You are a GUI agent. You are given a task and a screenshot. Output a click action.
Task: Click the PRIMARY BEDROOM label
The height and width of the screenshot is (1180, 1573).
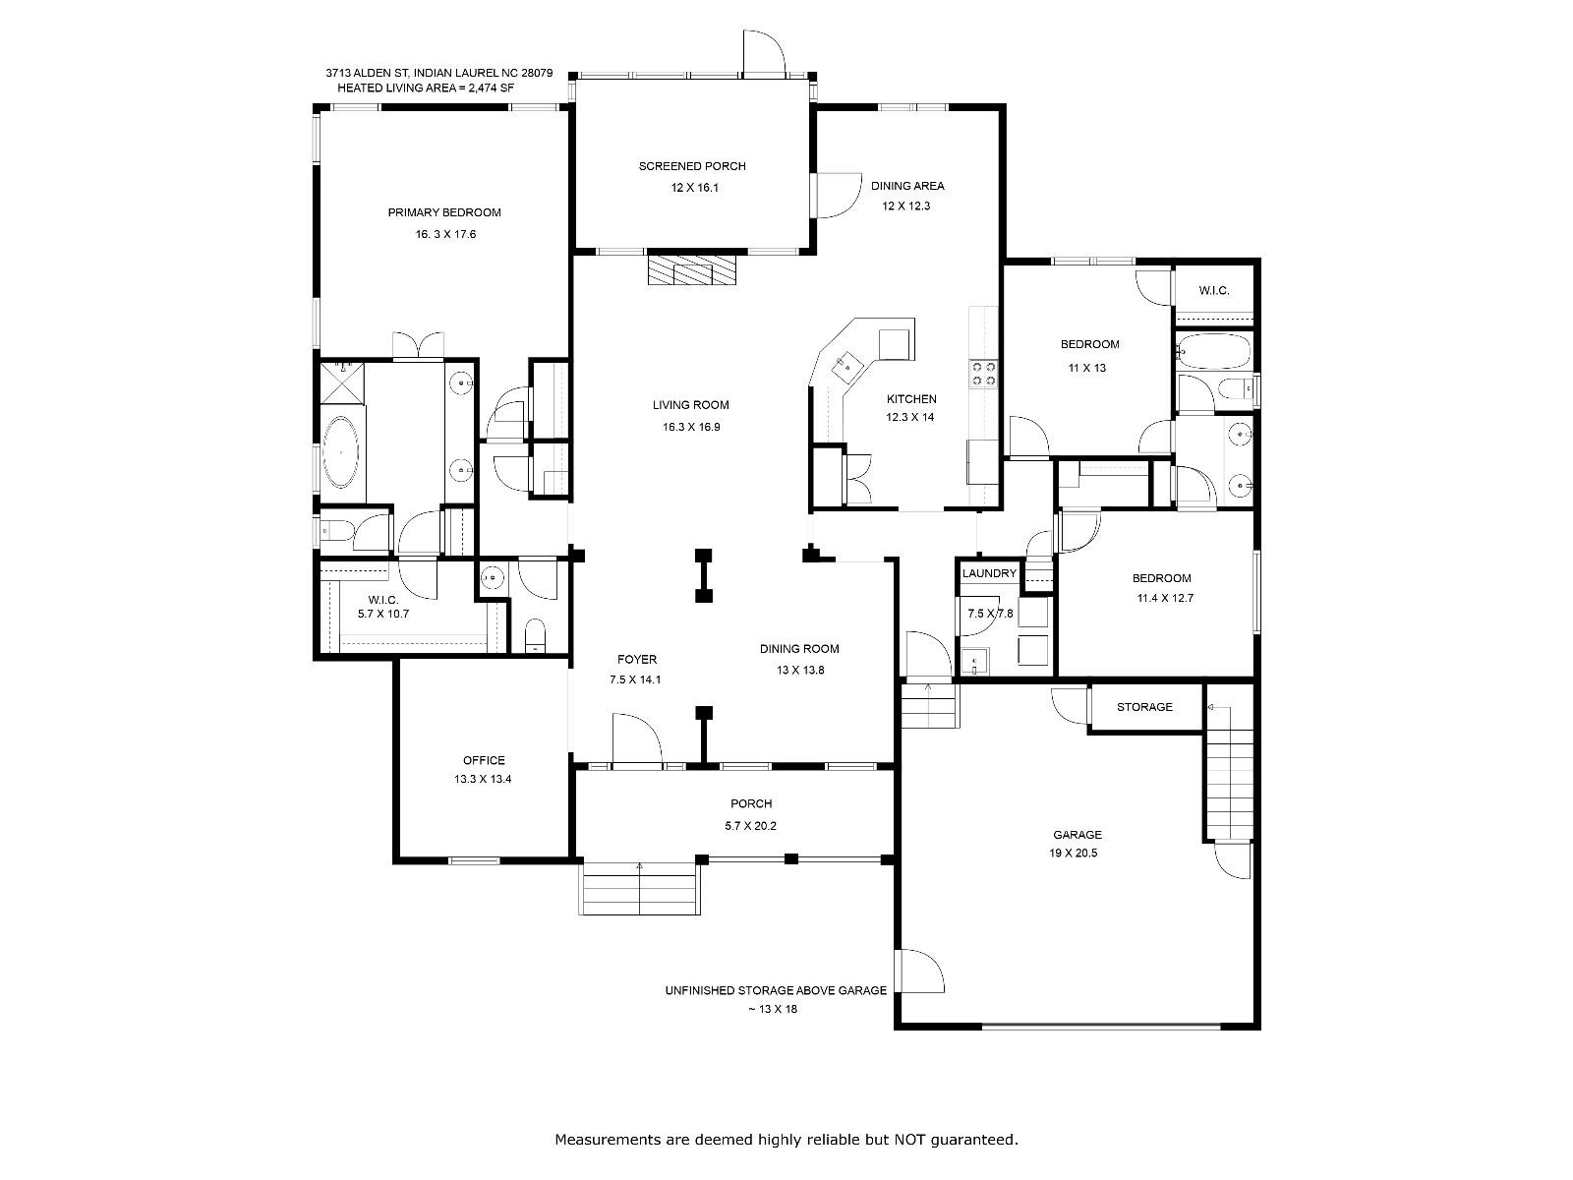(444, 212)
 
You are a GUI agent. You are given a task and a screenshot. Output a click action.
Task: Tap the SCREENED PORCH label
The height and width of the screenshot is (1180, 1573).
(692, 166)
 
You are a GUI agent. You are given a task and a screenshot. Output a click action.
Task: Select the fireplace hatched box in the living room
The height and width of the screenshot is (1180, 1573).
(691, 269)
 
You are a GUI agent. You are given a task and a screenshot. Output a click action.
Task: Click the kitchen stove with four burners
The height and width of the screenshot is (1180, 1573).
(983, 374)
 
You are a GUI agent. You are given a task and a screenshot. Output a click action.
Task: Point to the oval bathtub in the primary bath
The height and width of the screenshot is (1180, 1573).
(341, 452)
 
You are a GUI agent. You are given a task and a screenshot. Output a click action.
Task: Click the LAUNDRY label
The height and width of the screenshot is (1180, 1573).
(989, 573)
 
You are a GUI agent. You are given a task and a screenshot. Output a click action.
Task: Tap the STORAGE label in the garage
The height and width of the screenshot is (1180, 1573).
(1144, 707)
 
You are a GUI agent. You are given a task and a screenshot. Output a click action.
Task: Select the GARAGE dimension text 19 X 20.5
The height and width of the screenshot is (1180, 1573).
(1073, 854)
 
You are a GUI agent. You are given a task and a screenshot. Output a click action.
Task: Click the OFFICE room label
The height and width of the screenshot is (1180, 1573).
(484, 760)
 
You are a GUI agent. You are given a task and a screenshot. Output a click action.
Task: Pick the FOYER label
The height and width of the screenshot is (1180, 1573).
(637, 660)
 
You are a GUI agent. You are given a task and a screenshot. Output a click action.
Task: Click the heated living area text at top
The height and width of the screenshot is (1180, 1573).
(426, 88)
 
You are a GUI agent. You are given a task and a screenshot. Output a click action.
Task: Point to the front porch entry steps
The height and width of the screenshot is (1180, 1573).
(639, 888)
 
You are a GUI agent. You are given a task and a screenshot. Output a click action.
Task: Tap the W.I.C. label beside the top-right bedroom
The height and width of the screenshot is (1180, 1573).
(1214, 291)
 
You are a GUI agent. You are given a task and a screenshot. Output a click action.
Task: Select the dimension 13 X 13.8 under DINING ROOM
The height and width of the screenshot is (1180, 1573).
(799, 671)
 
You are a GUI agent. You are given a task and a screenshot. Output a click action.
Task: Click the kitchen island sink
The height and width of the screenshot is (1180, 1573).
(845, 366)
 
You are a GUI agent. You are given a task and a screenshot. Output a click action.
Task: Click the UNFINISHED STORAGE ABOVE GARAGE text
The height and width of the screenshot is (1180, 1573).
(776, 991)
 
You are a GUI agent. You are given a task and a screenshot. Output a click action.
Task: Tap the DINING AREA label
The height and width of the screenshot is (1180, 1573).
(907, 186)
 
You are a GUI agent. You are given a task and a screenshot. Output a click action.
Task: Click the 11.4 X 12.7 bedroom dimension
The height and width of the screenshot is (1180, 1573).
(1165, 598)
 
